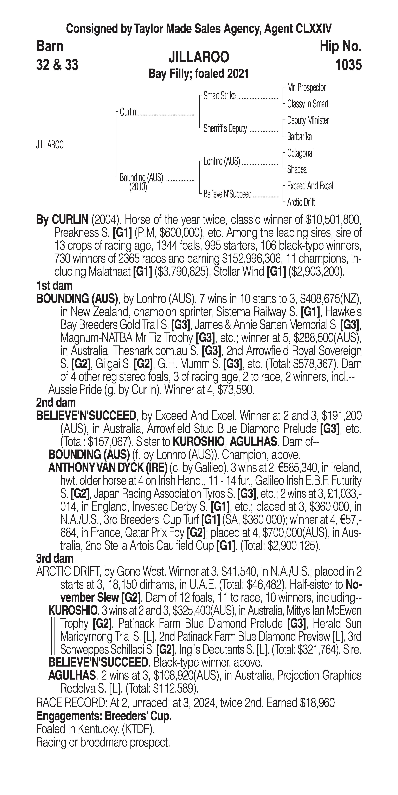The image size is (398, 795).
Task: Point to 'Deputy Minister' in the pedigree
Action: (x=308, y=120)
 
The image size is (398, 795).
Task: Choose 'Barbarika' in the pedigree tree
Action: (x=299, y=137)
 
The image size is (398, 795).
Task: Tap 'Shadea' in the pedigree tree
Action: (x=296, y=169)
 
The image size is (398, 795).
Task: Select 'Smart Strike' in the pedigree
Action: (x=219, y=96)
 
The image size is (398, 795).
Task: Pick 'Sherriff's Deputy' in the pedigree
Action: (x=225, y=129)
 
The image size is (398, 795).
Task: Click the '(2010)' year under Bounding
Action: (x=138, y=187)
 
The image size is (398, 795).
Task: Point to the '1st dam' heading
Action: (x=54, y=286)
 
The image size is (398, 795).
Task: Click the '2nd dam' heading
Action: (x=56, y=403)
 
